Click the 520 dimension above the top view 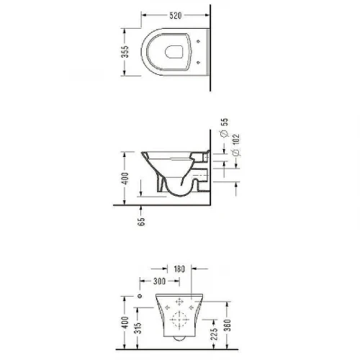176,16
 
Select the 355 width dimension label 125,52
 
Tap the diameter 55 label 224,127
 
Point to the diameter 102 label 236,145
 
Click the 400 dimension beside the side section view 125,178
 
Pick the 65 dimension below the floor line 141,221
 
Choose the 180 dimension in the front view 179,269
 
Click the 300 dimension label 159,281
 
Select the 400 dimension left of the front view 125,323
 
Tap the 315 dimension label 138,328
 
